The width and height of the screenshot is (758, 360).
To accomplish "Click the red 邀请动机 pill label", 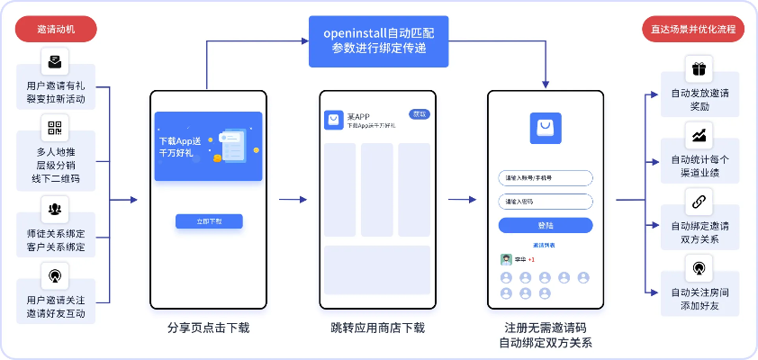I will point(56,30).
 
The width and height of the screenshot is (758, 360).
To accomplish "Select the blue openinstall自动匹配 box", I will point(379,40).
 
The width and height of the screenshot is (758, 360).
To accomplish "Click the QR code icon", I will point(55,128).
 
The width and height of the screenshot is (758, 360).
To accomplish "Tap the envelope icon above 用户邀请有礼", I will point(55,62).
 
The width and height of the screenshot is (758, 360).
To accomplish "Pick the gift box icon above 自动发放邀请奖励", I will point(699,69).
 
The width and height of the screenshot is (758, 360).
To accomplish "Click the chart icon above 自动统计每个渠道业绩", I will point(699,136).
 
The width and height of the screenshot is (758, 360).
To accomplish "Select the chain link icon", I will point(699,201).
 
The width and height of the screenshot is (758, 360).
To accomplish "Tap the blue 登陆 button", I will point(546,225).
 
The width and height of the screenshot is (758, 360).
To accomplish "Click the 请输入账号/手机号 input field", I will point(546,177).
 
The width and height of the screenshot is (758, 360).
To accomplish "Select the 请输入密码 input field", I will point(546,202).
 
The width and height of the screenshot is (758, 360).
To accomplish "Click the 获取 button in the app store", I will point(420,114).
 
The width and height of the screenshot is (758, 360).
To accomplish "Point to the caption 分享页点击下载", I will point(208,328).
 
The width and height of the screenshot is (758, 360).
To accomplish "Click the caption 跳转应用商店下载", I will point(377,328).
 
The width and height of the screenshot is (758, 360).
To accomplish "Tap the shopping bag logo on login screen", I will point(546,129).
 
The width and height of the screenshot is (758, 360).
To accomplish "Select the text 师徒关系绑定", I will point(56,232).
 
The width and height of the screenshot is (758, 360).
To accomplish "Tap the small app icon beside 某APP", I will point(333,119).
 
